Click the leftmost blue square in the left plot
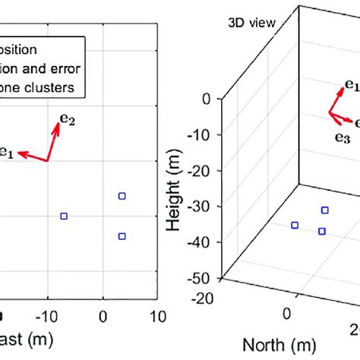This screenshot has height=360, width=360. coord(64,216)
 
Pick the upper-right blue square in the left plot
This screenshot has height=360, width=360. coord(122,196)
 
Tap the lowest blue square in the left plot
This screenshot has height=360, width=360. coord(122,236)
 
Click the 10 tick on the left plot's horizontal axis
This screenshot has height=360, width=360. coord(158,314)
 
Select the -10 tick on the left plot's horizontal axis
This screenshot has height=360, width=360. coord(47,314)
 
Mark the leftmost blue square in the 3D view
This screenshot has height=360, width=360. coord(295,225)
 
